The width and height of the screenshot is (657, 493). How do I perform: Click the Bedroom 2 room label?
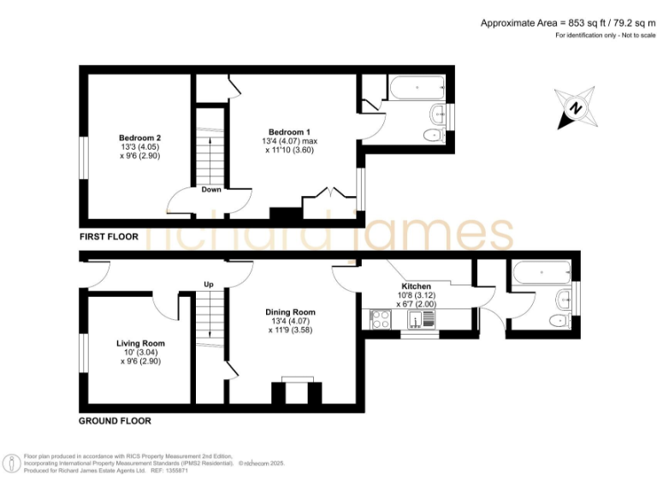point(139,138)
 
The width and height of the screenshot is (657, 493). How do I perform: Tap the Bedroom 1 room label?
point(289,131)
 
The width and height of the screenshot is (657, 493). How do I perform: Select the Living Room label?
point(141,343)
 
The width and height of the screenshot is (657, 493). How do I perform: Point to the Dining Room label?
point(290,312)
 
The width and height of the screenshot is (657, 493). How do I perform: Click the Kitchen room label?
point(417,286)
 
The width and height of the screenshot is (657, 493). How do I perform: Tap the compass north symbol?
point(577,109)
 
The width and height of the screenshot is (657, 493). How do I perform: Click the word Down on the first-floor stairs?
point(211,189)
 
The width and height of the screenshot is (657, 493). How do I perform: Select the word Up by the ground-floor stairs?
point(208,284)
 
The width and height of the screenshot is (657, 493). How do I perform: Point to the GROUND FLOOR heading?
point(115,421)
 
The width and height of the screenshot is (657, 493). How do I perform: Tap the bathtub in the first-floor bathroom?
point(416,88)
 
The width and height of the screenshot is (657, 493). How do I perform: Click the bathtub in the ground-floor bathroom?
point(541,274)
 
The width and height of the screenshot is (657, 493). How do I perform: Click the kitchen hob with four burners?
point(381,320)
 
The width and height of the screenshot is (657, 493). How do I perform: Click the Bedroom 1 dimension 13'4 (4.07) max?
point(289,140)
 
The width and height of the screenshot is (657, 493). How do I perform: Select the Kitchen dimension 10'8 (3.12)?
point(417,295)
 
